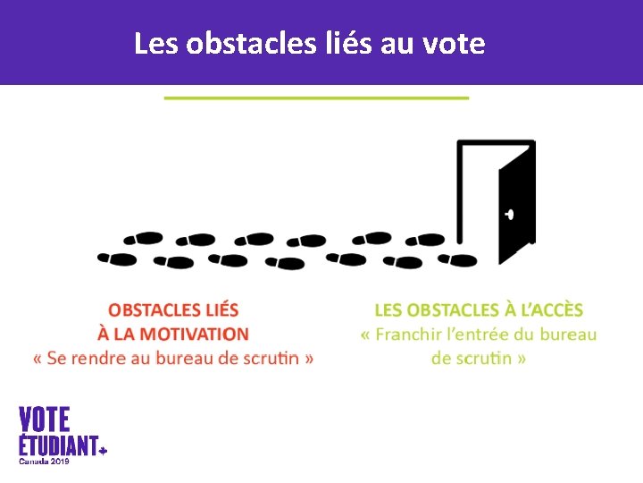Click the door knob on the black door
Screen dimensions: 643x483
(x=509, y=215)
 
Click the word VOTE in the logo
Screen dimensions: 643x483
(x=45, y=419)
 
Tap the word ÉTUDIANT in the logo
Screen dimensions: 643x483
(x=58, y=445)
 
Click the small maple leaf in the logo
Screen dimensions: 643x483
(x=103, y=451)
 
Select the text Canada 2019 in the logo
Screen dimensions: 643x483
(x=44, y=462)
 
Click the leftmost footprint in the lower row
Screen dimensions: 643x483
(x=117, y=259)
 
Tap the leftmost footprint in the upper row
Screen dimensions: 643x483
(x=143, y=239)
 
